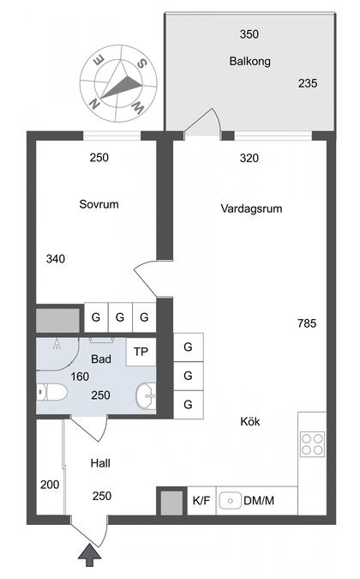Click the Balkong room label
pyautogui.click(x=249, y=61)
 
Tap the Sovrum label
pyautogui.click(x=99, y=204)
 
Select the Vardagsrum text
pyautogui.click(x=251, y=208)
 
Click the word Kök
pyautogui.click(x=250, y=421)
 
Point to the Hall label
pyautogui.click(x=100, y=463)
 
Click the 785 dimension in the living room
pyautogui.click(x=307, y=323)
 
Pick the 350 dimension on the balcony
pyautogui.click(x=249, y=34)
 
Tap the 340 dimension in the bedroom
pyautogui.click(x=56, y=259)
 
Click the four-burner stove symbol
pyautogui.click(x=312, y=444)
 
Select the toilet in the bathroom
pyautogui.click(x=51, y=392)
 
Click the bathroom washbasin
pyautogui.click(x=147, y=396)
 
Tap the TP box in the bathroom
pyautogui.click(x=141, y=352)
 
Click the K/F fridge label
pyautogui.click(x=201, y=501)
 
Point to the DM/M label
pyautogui.click(x=259, y=501)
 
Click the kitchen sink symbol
pyautogui.click(x=231, y=501)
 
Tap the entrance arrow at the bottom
pyautogui.click(x=89, y=555)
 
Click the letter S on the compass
pyautogui.click(x=141, y=63)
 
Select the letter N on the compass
pyautogui.click(x=95, y=104)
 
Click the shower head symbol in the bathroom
pyautogui.click(x=57, y=344)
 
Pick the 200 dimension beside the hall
pyautogui.click(x=50, y=485)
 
